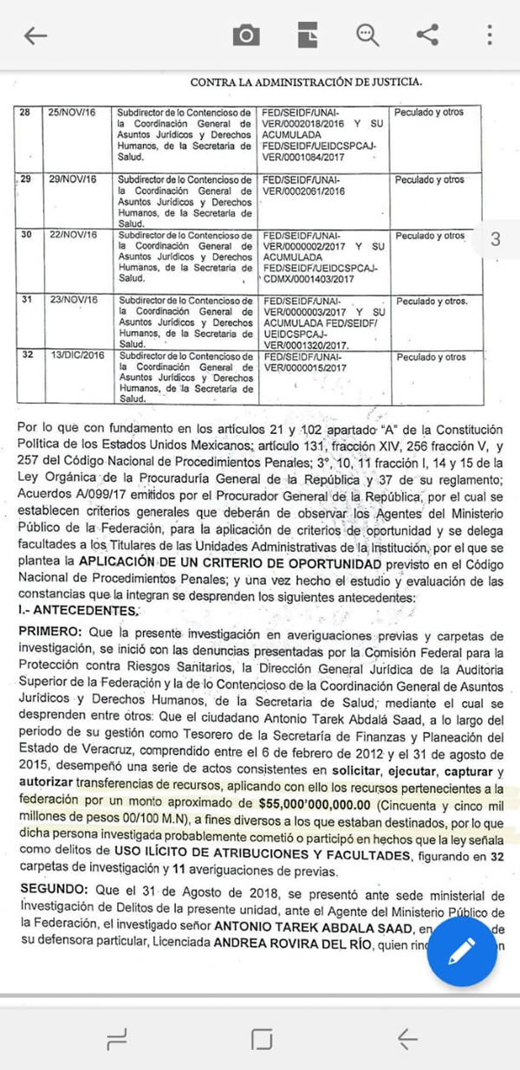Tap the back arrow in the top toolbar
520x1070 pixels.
(36, 36)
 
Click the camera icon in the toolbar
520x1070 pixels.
(246, 36)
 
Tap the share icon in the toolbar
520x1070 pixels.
(427, 35)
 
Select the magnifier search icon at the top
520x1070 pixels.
(367, 35)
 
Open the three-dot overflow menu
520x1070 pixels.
(490, 36)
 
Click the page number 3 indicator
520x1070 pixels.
(495, 240)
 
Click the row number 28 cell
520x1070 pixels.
(24, 113)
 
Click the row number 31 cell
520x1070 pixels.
(25, 301)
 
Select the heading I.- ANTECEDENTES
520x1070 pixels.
(78, 612)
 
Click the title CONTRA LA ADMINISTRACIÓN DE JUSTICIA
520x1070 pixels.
(306, 82)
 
